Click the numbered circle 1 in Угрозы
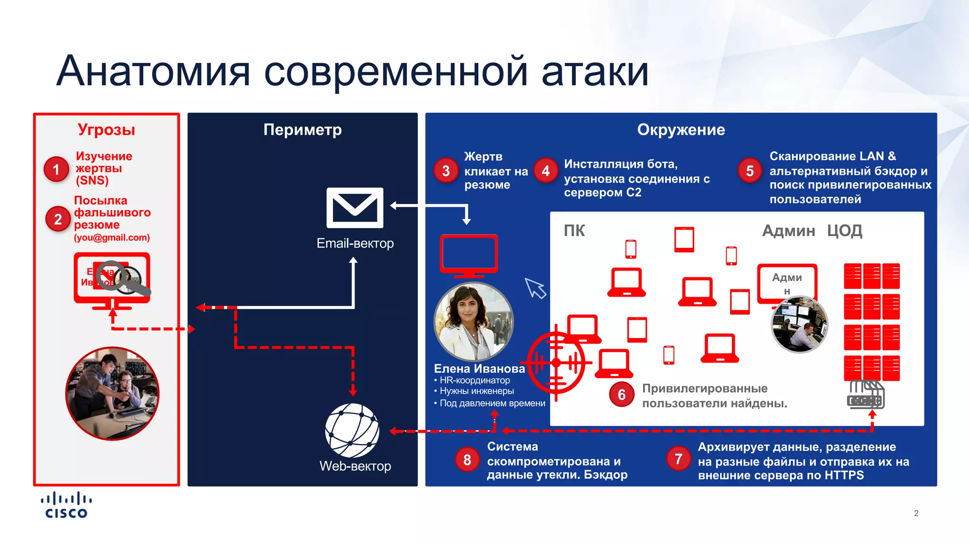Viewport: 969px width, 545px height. coord(56,169)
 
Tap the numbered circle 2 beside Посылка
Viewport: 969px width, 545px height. coord(58,219)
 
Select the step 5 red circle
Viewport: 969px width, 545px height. coord(750,171)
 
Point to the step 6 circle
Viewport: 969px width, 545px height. coord(622,395)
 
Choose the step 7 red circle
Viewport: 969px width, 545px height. coord(678,458)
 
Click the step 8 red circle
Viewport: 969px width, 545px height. coord(467,459)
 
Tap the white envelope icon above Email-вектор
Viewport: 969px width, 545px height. coord(355,208)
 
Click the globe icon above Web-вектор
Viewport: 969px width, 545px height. coord(352,431)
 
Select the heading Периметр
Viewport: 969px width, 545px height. coord(302,130)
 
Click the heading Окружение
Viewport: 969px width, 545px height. coord(681,130)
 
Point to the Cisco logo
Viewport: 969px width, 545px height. coord(66,506)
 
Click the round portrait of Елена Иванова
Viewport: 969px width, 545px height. coord(474,322)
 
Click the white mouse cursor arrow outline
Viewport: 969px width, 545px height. coord(536,288)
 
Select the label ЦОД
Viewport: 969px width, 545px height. coord(845,231)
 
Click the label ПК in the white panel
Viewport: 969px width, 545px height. coord(574,231)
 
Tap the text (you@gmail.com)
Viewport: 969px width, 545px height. coord(112,237)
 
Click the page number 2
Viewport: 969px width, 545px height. coord(916,513)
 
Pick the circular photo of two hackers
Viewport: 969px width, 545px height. coord(112,394)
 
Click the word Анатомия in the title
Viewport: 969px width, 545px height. coord(153,72)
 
